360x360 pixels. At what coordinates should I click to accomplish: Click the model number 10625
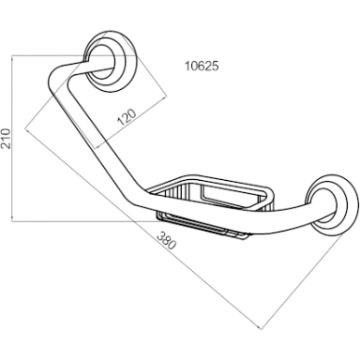(201, 66)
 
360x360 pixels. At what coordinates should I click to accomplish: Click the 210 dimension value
(6, 138)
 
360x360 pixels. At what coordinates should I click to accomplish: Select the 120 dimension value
(127, 117)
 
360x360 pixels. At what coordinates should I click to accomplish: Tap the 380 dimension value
(167, 240)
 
